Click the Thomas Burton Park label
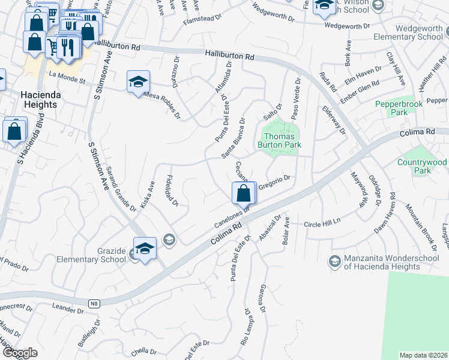point(279,140)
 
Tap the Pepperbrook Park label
point(399,108)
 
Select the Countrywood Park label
point(423,166)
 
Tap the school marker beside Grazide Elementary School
point(145,249)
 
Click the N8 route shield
point(93,304)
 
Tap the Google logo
point(20,353)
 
